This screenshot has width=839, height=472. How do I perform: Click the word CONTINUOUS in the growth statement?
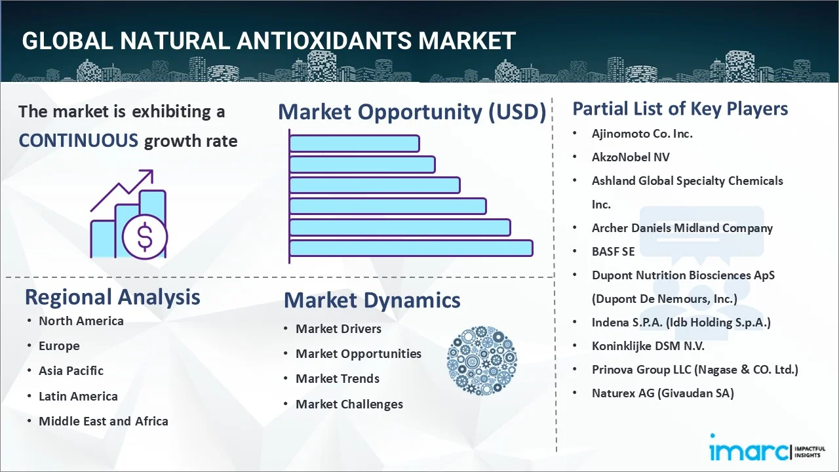tap(78, 140)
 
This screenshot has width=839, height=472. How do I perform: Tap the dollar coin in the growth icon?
tap(145, 238)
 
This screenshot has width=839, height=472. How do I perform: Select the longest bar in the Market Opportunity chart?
tap(411, 248)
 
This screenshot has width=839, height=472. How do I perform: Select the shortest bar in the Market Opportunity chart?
tap(354, 143)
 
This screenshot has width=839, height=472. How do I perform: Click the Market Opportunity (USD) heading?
tap(412, 112)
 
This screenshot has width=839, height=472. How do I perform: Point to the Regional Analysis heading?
tap(112, 297)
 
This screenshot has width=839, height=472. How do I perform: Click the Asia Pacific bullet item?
tap(71, 370)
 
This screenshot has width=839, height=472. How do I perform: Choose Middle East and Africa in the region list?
tap(103, 421)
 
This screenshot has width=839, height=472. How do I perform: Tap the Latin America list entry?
tap(78, 396)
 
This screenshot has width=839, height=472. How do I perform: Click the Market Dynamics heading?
tap(372, 300)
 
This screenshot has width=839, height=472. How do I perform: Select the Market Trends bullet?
tap(337, 378)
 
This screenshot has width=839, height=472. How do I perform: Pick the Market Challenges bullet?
tap(349, 404)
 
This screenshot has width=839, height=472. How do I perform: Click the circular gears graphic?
tap(482, 361)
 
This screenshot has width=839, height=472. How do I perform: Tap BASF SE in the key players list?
tap(613, 251)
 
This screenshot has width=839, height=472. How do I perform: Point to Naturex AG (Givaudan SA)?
tap(662, 393)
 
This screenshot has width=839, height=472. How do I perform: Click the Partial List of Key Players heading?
tap(680, 108)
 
